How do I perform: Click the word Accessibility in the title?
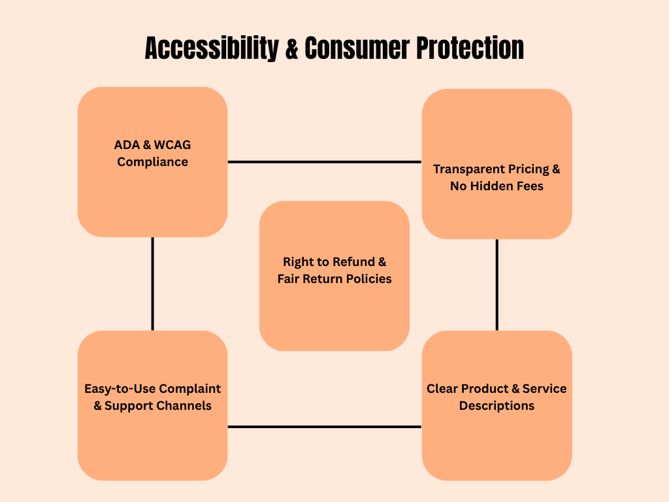[212, 48]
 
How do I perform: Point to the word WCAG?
[172, 145]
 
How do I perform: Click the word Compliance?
[153, 162]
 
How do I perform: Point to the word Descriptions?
[497, 406]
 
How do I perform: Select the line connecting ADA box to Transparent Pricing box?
[324, 162]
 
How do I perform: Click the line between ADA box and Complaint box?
[153, 284]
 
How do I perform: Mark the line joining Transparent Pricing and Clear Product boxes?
[497, 285]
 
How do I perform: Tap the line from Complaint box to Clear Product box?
[324, 427]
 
